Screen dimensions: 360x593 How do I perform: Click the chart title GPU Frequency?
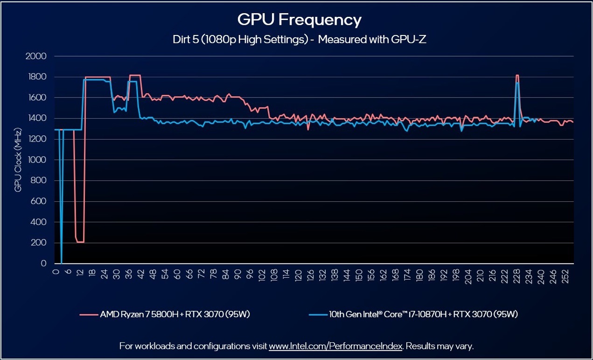tap(299, 20)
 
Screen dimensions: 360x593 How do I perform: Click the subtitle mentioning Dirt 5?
tap(299, 40)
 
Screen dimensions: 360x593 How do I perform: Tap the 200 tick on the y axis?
tap(39, 243)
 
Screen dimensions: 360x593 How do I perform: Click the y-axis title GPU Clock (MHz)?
tap(18, 160)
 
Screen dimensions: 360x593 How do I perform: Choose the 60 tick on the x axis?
tap(177, 274)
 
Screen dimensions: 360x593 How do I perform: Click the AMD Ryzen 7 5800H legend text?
tap(175, 314)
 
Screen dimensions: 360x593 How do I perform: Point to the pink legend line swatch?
tap(89, 314)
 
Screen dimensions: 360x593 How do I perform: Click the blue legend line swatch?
tap(319, 314)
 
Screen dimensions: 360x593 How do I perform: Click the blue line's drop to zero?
tap(61, 262)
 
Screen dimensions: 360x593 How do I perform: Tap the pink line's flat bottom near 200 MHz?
tap(80, 242)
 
